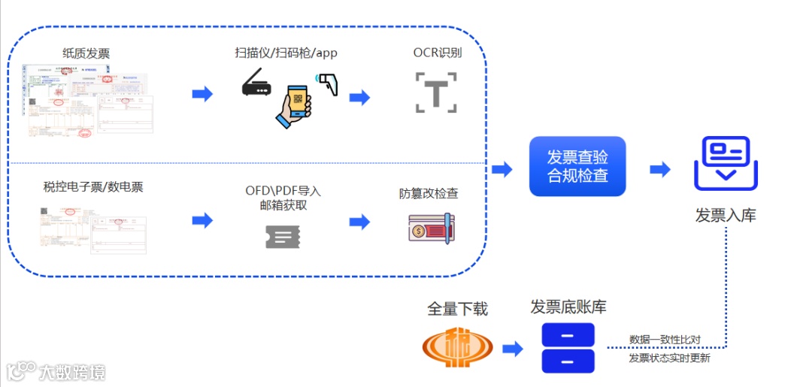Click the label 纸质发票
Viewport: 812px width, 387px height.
pos(86,53)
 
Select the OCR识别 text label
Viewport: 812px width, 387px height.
pos(437,53)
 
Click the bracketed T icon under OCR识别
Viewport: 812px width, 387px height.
pos(436,92)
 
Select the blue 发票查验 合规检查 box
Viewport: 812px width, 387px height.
pos(577,166)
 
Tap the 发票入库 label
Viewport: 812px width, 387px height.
pos(725,216)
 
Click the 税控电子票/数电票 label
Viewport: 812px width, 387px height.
pos(93,187)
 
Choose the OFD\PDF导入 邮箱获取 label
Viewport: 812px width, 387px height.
pos(283,198)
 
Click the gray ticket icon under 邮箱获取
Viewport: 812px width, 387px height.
pos(283,237)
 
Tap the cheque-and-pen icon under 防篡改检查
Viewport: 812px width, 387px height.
pos(430,228)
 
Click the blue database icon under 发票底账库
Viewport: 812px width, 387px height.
pos(568,348)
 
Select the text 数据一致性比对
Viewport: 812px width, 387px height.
pos(665,340)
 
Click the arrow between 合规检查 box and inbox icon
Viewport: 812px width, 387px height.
pos(659,170)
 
